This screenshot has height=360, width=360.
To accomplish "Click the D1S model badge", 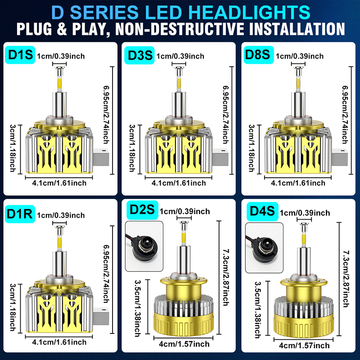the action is click(x=20, y=55).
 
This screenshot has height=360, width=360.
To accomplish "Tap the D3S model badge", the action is click(x=139, y=55).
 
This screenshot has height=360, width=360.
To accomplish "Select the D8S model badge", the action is click(x=259, y=54).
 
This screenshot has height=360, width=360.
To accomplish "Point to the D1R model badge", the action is click(x=20, y=214).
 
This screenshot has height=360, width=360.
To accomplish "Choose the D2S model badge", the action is click(x=142, y=210).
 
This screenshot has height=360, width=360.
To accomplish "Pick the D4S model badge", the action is click(x=262, y=211).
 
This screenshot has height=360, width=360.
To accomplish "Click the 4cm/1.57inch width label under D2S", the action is click(x=184, y=344).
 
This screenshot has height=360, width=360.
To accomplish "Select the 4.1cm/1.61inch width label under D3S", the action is click(x=179, y=183).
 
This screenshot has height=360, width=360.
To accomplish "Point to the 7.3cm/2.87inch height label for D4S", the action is click(x=346, y=279).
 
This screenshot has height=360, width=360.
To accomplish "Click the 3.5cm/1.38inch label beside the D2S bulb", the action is click(x=138, y=308).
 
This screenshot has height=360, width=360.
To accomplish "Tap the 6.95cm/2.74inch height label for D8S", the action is click(x=345, y=115).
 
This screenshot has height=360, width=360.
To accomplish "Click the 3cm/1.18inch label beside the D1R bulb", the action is click(x=13, y=307).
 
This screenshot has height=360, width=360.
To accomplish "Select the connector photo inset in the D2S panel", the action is click(x=144, y=246).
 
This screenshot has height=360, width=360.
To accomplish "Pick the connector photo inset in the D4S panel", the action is click(x=264, y=248).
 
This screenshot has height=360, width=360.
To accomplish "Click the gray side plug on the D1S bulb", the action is click(x=101, y=157).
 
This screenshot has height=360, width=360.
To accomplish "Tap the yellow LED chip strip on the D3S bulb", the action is click(x=179, y=84).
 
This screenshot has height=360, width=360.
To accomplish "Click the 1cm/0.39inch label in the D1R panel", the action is click(x=61, y=216).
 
